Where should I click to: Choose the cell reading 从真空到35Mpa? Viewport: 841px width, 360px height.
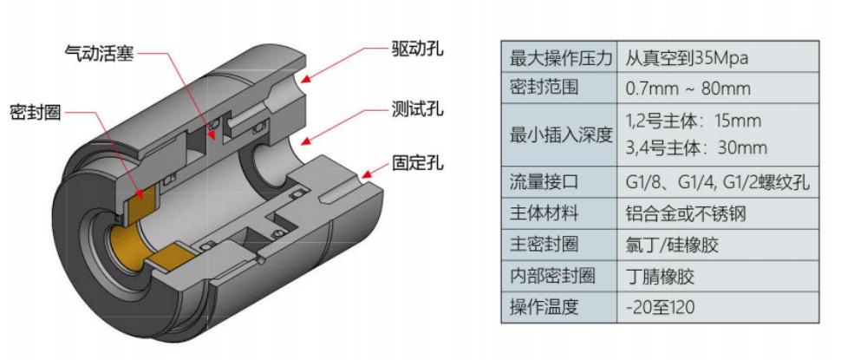click(687, 59)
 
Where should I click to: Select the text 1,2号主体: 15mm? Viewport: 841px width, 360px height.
click(693, 121)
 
